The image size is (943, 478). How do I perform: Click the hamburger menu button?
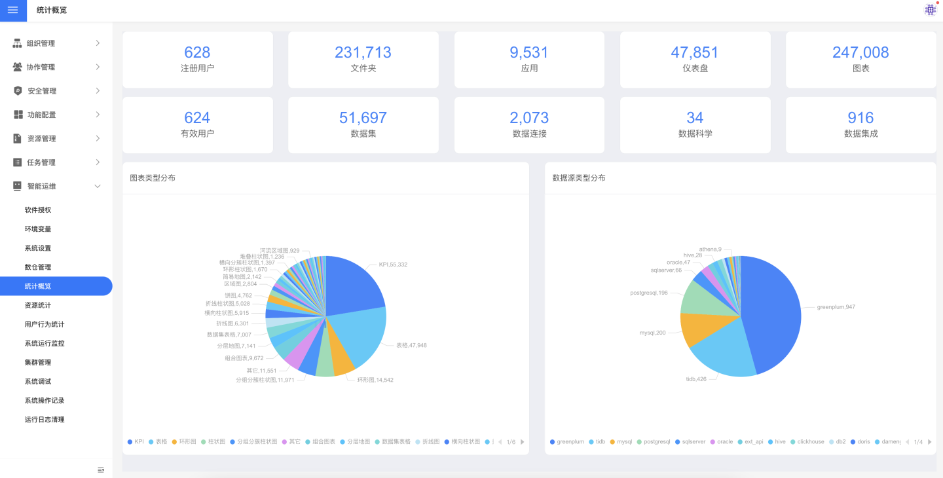pos(13,10)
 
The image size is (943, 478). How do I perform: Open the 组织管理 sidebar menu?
pos(41,43)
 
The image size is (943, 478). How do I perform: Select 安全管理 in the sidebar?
pos(42,91)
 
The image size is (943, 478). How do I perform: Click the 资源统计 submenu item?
pos(38,305)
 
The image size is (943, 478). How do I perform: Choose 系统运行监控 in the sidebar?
pos(45,343)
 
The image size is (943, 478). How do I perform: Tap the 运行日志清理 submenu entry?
pos(45,420)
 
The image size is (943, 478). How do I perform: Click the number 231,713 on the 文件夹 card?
pos(363,52)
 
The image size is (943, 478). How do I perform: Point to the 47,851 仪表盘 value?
pos(694,52)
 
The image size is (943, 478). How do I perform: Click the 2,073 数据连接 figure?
pos(529,118)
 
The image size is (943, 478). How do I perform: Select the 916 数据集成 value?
pos(860,118)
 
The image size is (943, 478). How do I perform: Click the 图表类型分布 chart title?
pos(153,178)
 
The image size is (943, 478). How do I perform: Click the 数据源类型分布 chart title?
pos(579,178)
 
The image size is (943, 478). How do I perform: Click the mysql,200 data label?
pos(652,333)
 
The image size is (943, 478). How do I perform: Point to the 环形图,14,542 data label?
pos(375,380)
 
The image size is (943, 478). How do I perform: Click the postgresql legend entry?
pos(656,442)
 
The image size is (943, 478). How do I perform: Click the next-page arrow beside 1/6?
pos(522,442)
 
